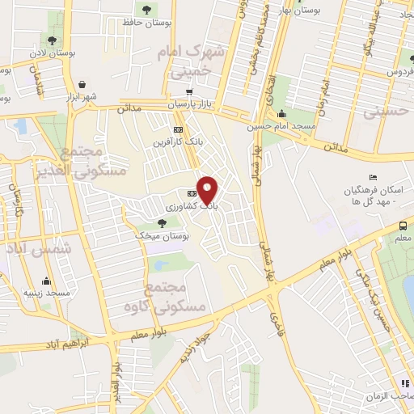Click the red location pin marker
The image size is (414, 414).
[x=208, y=189]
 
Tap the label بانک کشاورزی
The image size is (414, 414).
[x=192, y=207]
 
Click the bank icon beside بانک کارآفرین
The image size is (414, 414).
[x=178, y=130]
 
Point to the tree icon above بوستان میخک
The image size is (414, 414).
[x=162, y=222]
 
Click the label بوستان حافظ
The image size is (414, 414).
[x=146, y=23]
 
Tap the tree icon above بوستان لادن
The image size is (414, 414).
[x=53, y=40]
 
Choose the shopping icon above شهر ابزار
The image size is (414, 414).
[x=82, y=84]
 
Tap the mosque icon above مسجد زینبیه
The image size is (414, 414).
[x=48, y=281]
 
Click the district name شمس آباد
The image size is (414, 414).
[x=38, y=249]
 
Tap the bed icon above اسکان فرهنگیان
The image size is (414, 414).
[x=373, y=178]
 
